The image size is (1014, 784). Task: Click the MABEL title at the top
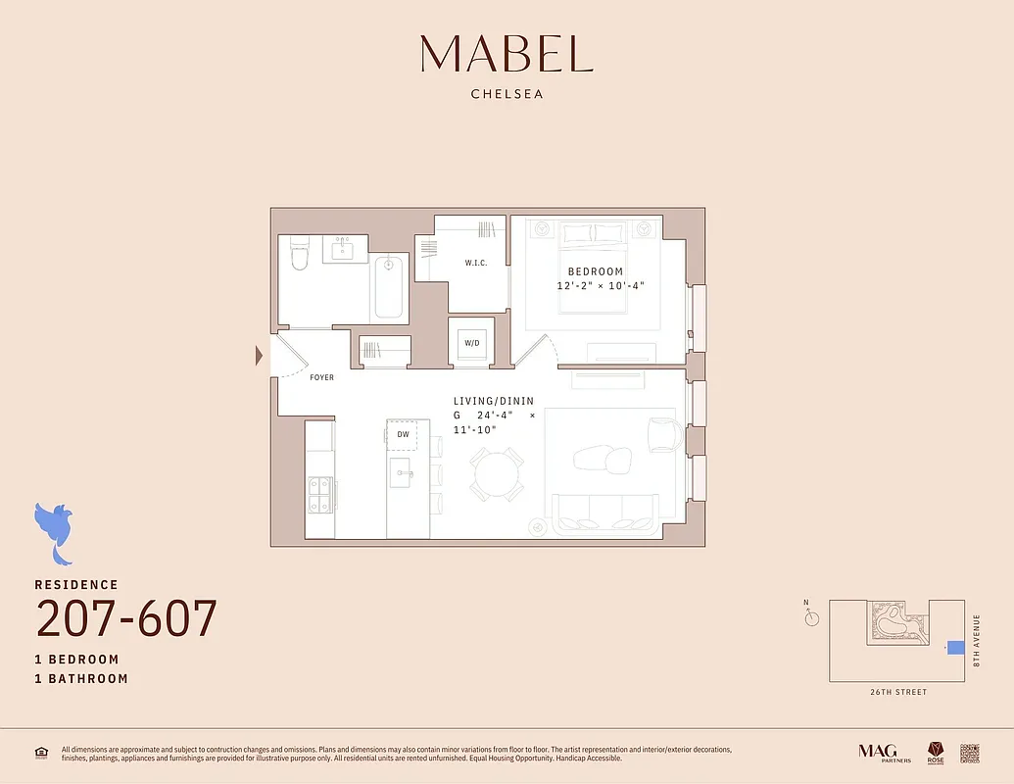pos(507,54)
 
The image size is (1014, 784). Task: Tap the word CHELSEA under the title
pos(507,95)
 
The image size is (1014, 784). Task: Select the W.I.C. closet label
pos(476,263)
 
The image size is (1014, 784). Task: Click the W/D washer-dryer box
pos(472,343)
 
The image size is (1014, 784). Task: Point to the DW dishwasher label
pos(402,434)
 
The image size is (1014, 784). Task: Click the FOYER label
pos(321,377)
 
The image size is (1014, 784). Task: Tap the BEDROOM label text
pos(595,271)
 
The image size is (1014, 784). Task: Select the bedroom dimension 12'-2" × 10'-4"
pos(601,286)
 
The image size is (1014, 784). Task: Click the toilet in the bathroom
pos(301,257)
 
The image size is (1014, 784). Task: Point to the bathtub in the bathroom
pos(389,287)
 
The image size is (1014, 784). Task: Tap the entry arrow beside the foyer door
pos(260,356)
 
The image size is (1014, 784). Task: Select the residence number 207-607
pos(126,619)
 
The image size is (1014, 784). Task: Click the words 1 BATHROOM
pos(81,678)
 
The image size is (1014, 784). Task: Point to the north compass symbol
pos(811,618)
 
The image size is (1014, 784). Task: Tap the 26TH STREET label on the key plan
pos(896,693)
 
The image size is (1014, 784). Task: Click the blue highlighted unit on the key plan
pos(955,648)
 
